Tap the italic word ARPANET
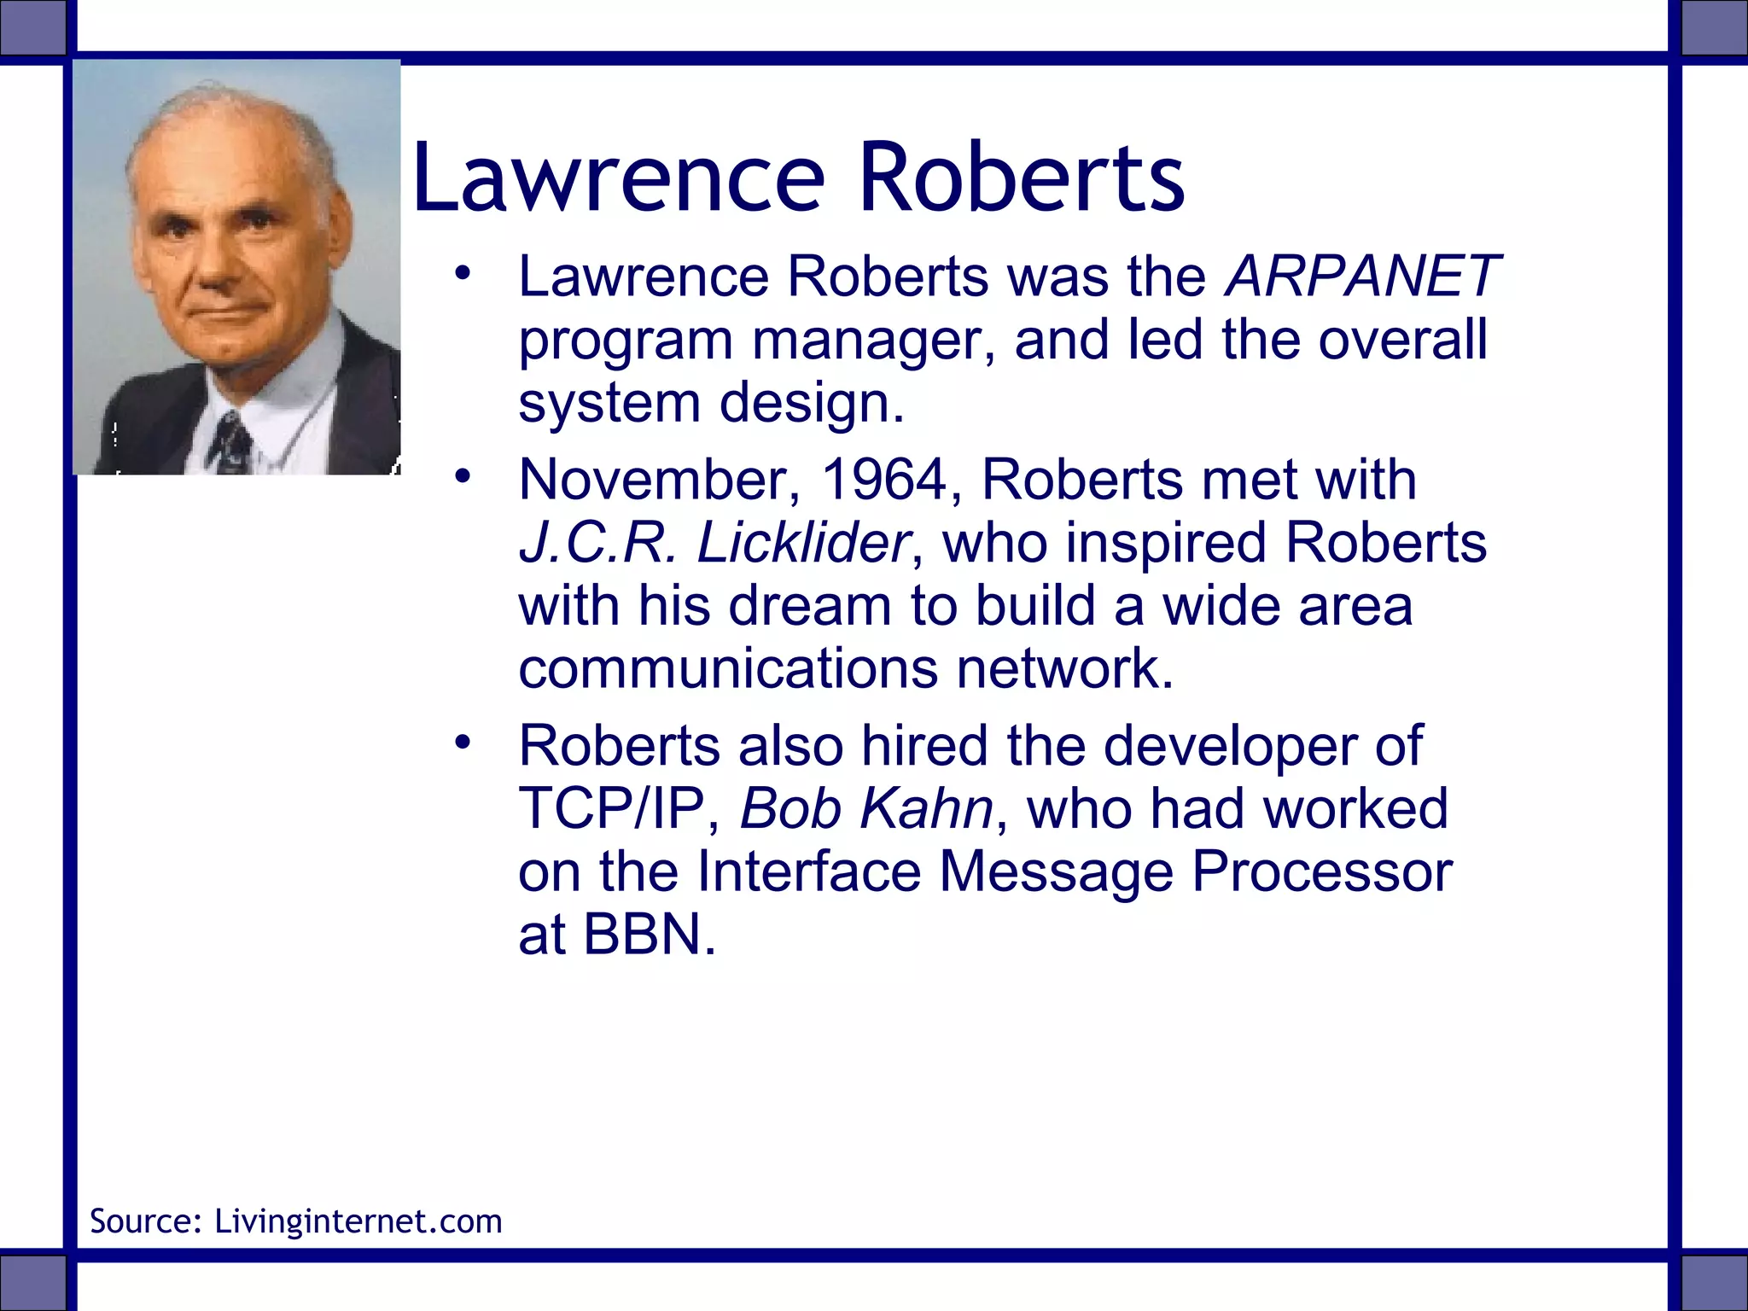(1362, 277)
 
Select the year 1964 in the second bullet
(883, 480)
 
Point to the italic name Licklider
(803, 543)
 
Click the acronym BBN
(648, 935)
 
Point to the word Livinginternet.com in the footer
(358, 1221)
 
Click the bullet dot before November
(463, 476)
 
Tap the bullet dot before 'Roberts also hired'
(463, 742)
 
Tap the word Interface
(809, 871)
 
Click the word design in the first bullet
(811, 403)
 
